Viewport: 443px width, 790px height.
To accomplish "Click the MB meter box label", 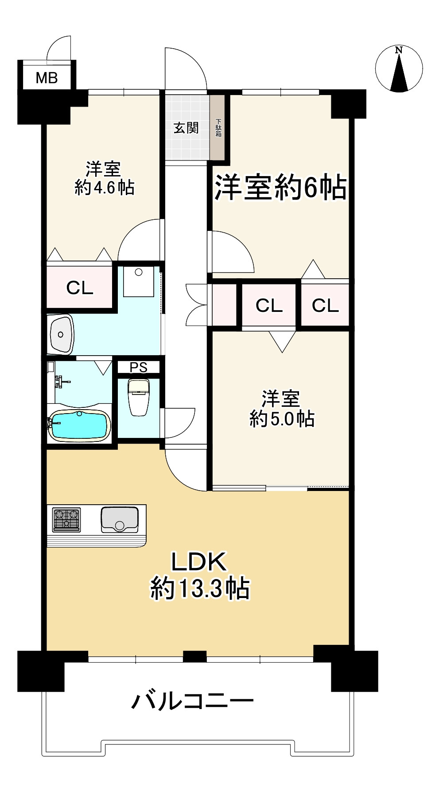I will click(47, 78).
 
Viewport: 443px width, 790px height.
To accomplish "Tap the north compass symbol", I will click(399, 69).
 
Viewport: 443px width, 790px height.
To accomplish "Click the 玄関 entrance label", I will click(186, 128).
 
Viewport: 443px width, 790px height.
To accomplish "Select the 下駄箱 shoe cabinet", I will click(218, 128).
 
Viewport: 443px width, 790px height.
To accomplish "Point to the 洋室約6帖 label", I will click(280, 188).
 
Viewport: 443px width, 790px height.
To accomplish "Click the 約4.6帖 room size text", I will click(105, 188).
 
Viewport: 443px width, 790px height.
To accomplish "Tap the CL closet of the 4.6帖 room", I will click(80, 288).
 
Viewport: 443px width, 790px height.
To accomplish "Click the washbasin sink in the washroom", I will click(61, 334).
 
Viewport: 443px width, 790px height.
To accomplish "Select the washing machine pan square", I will click(139, 281).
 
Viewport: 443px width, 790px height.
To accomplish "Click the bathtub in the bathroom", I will click(79, 426).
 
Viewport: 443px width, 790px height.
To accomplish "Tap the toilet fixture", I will click(139, 397).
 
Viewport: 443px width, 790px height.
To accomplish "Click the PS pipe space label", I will click(138, 368).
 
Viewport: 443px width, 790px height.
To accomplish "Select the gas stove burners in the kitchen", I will click(67, 519).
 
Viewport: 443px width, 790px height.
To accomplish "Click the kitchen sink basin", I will click(120, 519).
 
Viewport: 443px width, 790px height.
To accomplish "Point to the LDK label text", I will click(199, 562).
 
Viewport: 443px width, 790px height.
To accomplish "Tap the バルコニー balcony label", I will click(193, 701).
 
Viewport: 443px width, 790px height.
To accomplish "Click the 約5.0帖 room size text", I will click(282, 418).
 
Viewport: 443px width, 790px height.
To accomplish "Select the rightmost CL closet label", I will click(325, 305).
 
